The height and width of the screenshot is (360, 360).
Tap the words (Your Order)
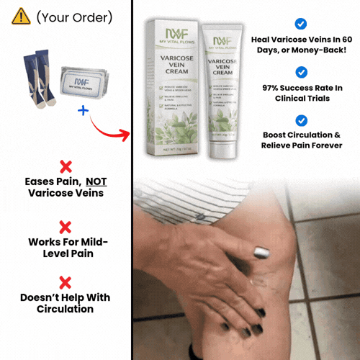74,16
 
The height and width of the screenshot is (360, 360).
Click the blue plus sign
82,111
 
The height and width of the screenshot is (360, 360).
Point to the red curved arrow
112,126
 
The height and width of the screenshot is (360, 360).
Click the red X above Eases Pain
65,166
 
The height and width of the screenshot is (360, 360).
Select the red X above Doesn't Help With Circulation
65,282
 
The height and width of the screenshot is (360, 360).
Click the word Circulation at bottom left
65,309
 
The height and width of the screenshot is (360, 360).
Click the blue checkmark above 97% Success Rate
302,72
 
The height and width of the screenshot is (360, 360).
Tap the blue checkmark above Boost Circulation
302,120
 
